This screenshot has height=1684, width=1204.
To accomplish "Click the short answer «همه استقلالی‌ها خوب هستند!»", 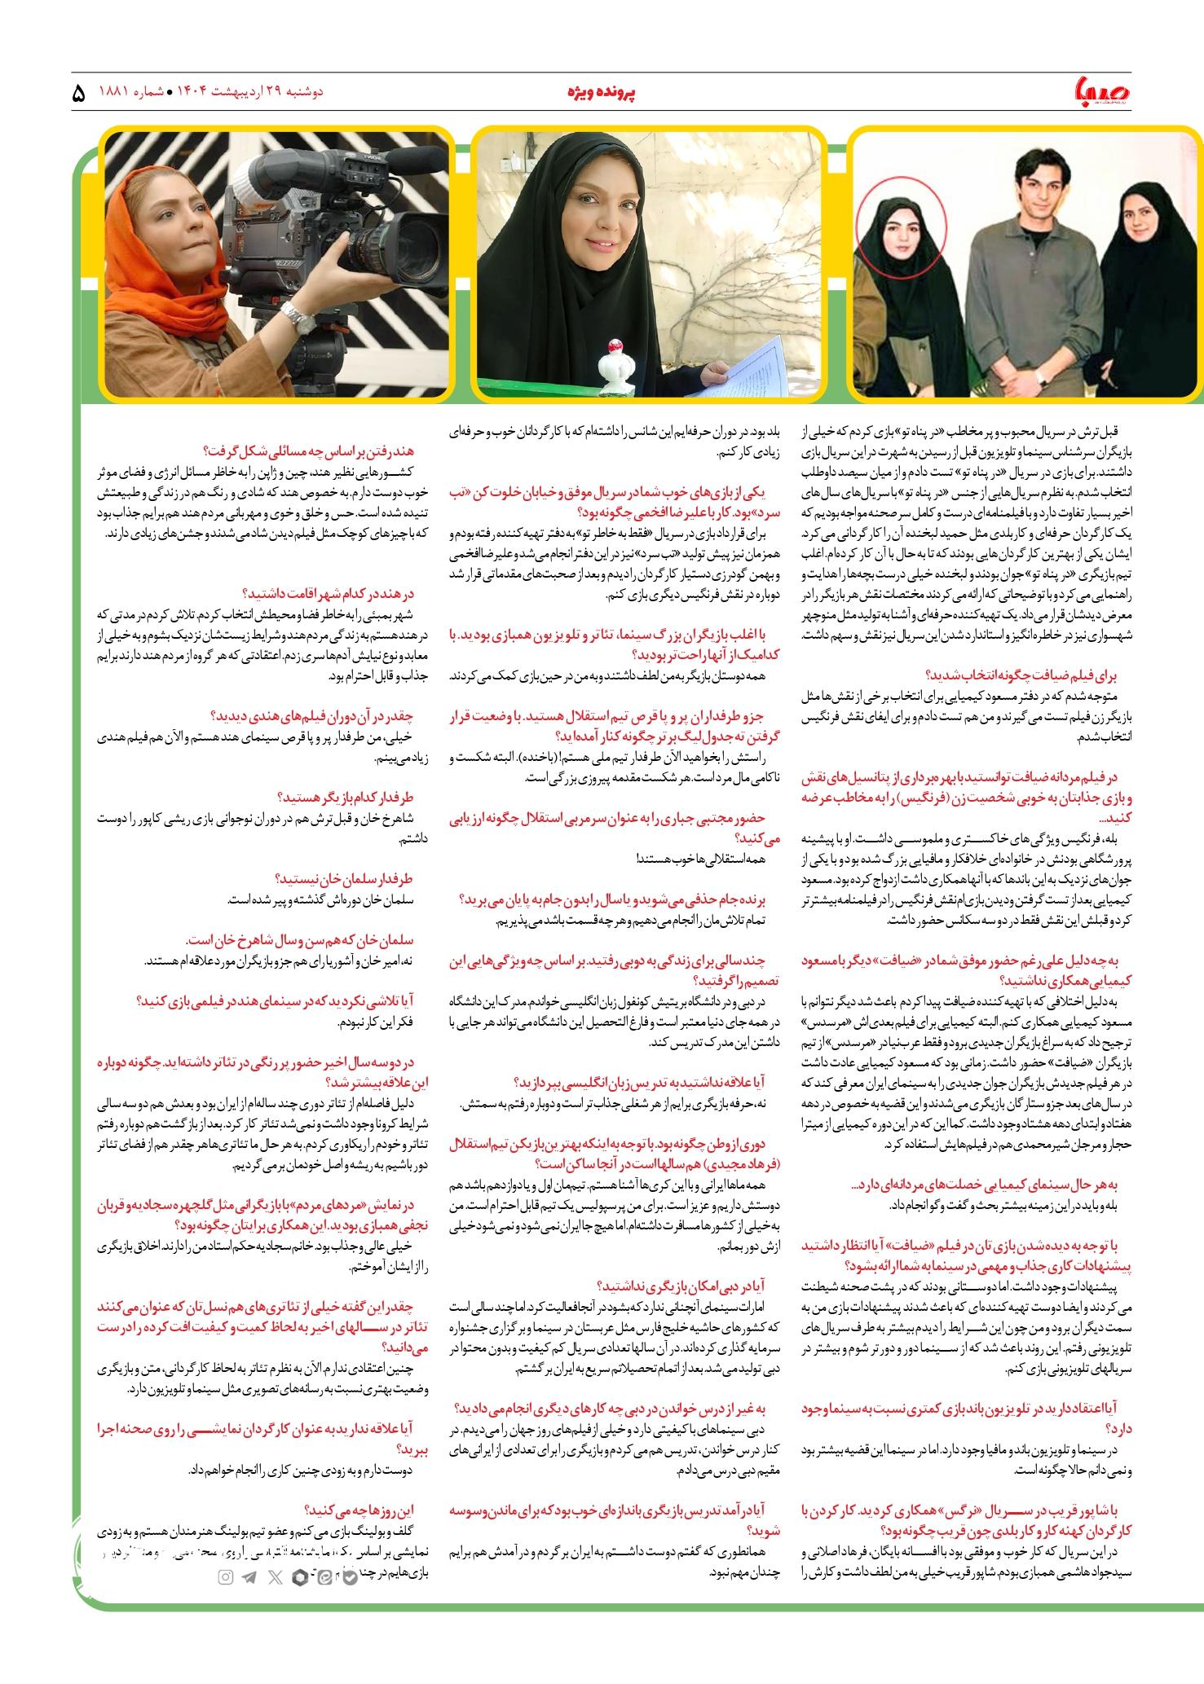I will [x=700, y=859].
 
